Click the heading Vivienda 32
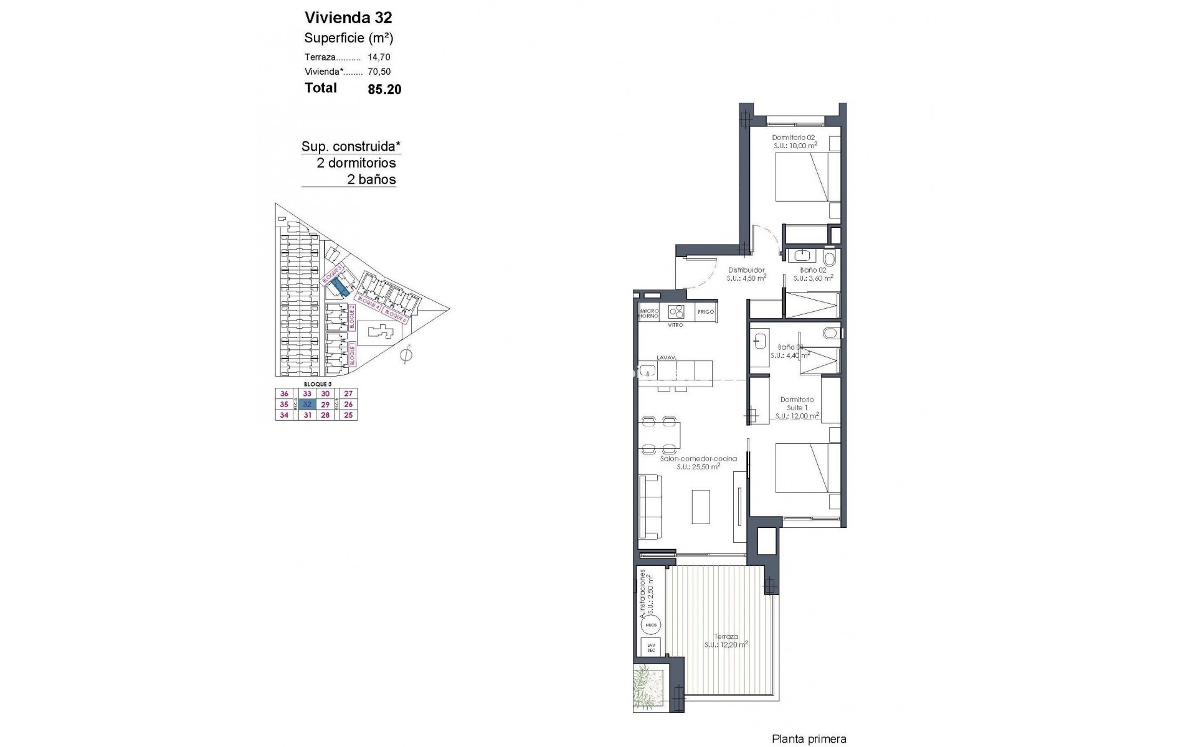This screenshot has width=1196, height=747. tap(348, 17)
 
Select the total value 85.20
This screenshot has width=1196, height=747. tap(384, 89)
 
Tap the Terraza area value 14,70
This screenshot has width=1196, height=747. tap(379, 57)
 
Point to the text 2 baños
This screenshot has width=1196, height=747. tap(371, 180)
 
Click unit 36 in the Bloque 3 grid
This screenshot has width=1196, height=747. tap(285, 393)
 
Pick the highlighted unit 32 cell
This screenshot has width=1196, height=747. tap(306, 404)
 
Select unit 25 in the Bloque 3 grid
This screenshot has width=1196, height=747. tap(348, 415)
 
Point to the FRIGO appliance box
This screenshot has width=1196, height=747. tap(705, 312)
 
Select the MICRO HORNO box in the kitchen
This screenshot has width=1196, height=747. tap(648, 312)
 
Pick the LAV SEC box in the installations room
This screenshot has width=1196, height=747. tap(651, 647)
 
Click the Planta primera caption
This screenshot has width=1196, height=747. tap(809, 740)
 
